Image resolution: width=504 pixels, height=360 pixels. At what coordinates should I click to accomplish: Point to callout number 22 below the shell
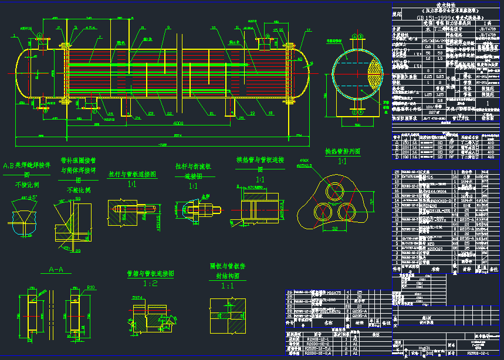(170, 113)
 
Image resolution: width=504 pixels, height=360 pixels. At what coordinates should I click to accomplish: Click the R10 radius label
(91, 287)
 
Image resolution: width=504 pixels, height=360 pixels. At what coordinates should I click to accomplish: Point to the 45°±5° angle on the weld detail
(28, 197)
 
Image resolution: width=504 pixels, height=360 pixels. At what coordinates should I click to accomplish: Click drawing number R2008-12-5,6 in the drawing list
(319, 348)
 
